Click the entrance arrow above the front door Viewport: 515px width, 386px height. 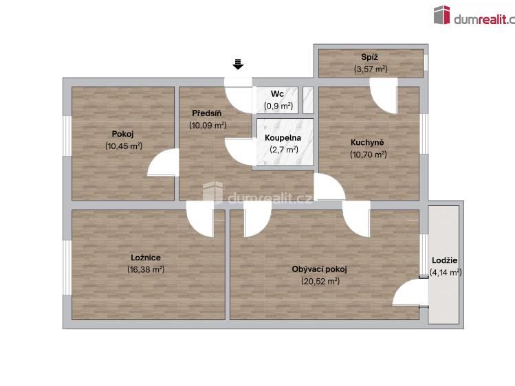(x=238, y=65)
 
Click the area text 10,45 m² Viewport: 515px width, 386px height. (x=123, y=146)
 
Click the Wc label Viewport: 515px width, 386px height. (x=278, y=94)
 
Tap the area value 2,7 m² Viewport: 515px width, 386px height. (x=283, y=149)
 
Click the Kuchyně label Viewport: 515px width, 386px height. (x=367, y=142)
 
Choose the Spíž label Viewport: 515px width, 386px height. (x=371, y=57)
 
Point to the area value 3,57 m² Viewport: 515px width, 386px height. (x=371, y=69)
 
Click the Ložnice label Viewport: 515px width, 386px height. (x=145, y=258)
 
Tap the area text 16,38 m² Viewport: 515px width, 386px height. (x=145, y=269)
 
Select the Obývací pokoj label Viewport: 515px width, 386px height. (x=320, y=269)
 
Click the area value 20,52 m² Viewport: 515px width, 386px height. (x=320, y=281)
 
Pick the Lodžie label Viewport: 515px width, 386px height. (x=445, y=261)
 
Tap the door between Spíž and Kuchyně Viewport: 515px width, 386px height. (x=384, y=95)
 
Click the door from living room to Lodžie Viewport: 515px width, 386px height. (x=408, y=293)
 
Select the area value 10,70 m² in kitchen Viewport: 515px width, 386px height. (x=368, y=155)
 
